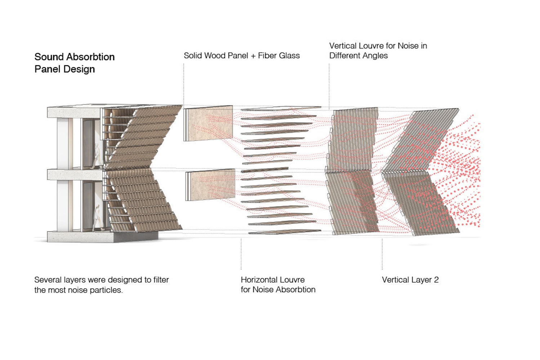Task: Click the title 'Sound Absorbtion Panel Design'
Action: tap(74, 63)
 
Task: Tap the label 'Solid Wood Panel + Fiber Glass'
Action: tap(241, 55)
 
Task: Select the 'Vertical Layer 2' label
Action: tap(410, 280)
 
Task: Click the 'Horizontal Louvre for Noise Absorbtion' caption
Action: tap(278, 284)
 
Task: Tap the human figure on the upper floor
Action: tap(97, 155)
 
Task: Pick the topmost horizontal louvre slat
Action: tap(281, 108)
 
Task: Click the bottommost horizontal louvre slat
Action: tap(285, 232)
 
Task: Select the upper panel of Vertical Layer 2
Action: tap(421, 140)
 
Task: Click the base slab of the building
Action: tap(79, 237)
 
